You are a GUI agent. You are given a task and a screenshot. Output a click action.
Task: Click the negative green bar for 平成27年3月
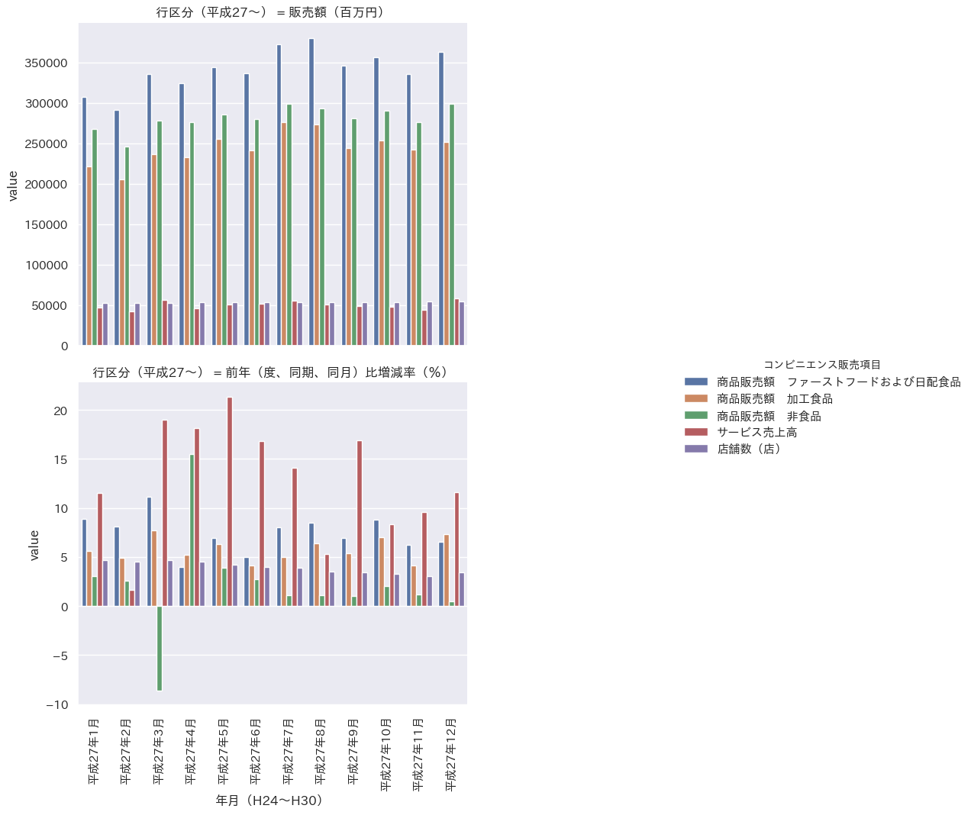click(x=160, y=649)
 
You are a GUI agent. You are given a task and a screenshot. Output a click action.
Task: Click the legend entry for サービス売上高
click(x=756, y=433)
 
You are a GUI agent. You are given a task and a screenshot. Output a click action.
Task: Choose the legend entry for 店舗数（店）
click(x=748, y=449)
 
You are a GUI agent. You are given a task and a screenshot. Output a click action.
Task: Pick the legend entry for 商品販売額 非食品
click(x=769, y=416)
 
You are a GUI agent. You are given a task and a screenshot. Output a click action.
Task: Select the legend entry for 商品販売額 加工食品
click(x=774, y=399)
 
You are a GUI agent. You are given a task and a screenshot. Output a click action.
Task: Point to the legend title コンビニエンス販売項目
click(x=822, y=365)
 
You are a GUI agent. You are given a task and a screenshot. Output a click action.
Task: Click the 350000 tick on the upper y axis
click(x=46, y=63)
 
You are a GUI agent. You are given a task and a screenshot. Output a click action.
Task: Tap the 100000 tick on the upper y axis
click(x=46, y=266)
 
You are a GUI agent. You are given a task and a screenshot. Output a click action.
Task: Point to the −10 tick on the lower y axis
click(x=56, y=705)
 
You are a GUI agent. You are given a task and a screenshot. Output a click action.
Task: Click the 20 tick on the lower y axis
click(x=61, y=411)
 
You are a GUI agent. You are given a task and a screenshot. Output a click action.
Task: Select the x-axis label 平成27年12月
click(x=451, y=754)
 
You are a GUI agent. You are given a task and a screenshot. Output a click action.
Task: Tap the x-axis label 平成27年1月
click(x=94, y=751)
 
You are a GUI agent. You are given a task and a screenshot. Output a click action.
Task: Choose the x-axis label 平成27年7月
click(x=289, y=751)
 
